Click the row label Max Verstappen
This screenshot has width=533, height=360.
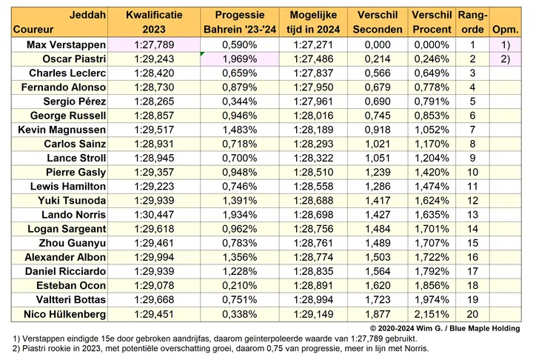coord(67,44)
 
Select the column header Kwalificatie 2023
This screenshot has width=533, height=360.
coord(154,22)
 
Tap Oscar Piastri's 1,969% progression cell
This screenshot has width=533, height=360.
coord(240,59)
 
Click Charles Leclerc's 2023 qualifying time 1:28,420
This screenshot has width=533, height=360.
coord(154,73)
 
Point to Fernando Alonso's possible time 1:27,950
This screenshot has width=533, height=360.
coord(313,87)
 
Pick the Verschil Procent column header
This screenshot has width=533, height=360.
coord(432,22)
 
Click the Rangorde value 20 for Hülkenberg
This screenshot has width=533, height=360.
coord(472,314)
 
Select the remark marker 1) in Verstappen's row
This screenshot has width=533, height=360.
coord(506,44)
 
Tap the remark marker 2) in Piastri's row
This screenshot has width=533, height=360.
coord(506,59)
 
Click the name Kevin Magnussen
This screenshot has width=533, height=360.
coord(62,130)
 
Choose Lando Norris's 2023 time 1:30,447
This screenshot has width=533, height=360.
coord(154,215)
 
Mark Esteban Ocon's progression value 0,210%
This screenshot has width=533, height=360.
coord(240,285)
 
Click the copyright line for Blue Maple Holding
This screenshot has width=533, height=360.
coord(445,328)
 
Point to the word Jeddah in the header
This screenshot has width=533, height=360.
coord(87,15)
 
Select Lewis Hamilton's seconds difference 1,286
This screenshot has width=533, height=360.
coord(378,187)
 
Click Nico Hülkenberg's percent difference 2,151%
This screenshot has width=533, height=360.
coord(432,314)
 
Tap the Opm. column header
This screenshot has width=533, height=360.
coord(506,30)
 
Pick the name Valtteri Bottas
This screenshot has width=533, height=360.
coord(71,300)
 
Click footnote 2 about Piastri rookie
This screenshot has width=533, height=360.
coord(221,348)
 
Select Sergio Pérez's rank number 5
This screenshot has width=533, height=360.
coord(472,101)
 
